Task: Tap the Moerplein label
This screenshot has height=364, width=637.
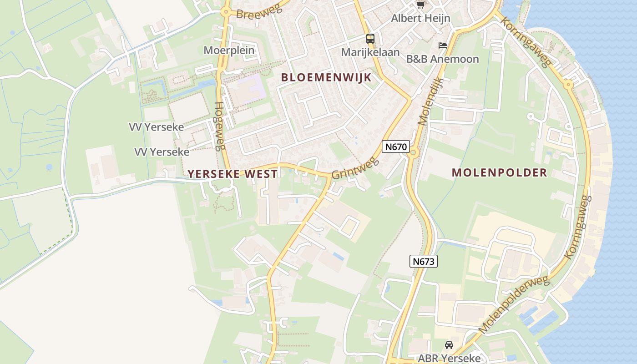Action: tap(229, 50)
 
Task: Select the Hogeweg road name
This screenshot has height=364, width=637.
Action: tap(219, 126)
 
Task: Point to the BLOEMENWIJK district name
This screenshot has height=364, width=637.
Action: tap(326, 77)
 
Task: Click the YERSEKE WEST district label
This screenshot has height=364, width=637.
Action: tap(233, 174)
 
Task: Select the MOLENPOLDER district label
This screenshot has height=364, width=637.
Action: tap(499, 172)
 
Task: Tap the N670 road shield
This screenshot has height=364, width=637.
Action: tap(396, 147)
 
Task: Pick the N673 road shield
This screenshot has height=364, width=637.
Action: tap(424, 261)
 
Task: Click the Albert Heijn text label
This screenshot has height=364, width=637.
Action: tap(421, 18)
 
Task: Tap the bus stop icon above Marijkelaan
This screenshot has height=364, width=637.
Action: tap(370, 39)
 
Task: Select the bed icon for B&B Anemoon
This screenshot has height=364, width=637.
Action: tap(442, 45)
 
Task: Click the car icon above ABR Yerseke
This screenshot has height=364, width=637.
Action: tap(449, 344)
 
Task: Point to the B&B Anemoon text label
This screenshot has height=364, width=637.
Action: tap(443, 59)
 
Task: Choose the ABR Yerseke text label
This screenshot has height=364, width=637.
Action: tap(449, 358)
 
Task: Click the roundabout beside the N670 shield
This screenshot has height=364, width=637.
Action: tap(413, 153)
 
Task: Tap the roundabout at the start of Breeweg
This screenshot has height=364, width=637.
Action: tap(226, 12)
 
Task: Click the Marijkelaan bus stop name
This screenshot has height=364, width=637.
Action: tap(370, 52)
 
